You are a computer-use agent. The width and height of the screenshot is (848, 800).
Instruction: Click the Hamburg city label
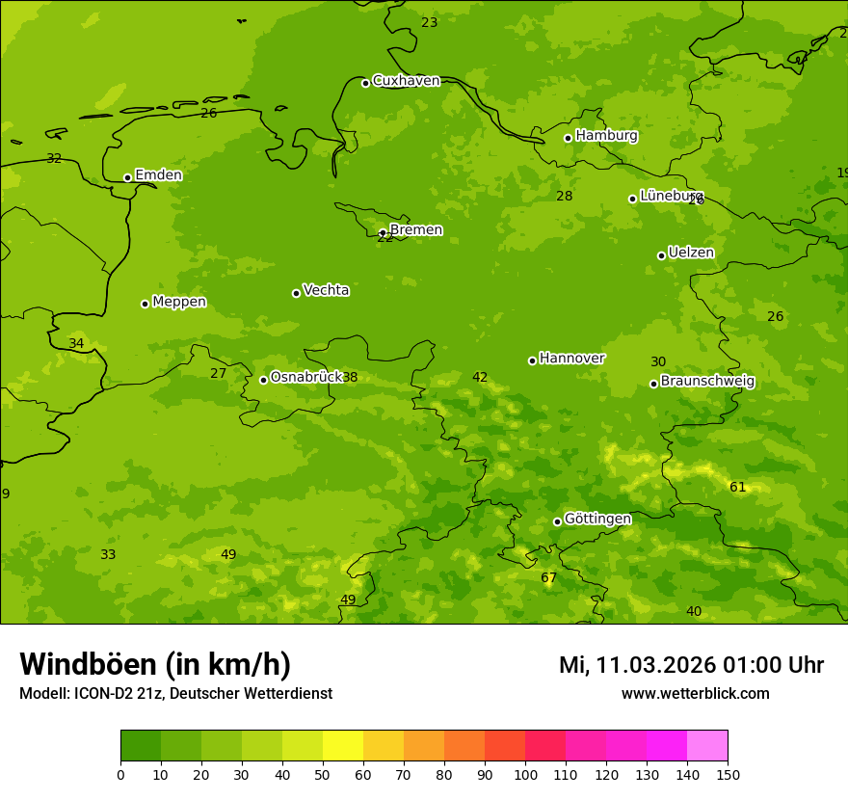click(606, 136)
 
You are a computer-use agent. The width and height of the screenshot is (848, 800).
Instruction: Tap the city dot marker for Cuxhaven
click(365, 83)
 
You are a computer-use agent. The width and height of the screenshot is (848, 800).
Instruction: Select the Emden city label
click(158, 175)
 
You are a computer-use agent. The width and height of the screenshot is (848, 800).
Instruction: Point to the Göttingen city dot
click(557, 521)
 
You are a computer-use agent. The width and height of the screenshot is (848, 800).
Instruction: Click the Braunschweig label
click(707, 382)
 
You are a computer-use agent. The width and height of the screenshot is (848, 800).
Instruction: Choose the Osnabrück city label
click(305, 378)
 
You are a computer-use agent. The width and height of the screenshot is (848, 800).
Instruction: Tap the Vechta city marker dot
click(296, 293)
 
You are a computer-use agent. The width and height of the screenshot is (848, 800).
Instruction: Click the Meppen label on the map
click(179, 303)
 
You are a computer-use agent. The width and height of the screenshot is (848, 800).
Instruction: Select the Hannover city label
click(571, 359)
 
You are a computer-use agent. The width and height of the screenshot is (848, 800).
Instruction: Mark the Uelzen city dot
click(661, 255)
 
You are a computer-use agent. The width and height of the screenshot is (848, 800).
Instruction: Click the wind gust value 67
click(548, 578)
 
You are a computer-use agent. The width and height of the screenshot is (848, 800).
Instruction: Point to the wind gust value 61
click(737, 488)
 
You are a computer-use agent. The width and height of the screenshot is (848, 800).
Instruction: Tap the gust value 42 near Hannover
click(480, 378)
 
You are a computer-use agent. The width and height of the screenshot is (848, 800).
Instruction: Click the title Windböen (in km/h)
click(155, 664)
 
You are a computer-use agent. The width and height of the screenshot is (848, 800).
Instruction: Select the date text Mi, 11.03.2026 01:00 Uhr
click(691, 665)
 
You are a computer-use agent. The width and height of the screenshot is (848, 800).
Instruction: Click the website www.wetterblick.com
click(695, 694)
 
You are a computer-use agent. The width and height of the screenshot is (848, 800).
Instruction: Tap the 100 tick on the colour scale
click(525, 774)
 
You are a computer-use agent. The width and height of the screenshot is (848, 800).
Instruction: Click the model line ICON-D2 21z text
click(175, 694)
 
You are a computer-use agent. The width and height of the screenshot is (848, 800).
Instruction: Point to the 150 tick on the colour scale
click(728, 774)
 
